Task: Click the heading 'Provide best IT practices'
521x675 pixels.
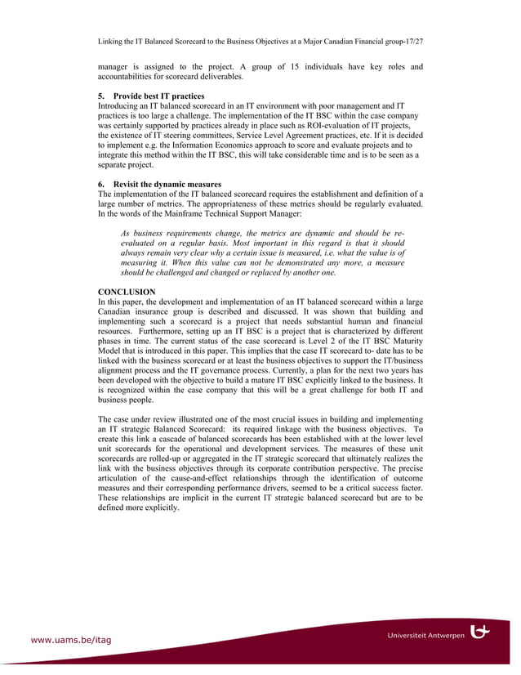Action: [158, 96]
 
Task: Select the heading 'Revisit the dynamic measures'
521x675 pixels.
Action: [167, 184]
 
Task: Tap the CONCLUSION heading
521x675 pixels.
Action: [127, 292]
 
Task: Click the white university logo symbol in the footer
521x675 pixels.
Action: [485, 632]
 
